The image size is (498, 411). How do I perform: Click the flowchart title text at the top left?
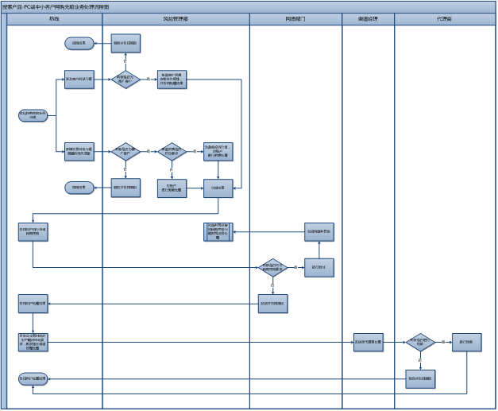click(x=56, y=6)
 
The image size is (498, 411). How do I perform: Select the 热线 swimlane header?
click(x=54, y=17)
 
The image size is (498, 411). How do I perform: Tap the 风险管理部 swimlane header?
click(x=176, y=17)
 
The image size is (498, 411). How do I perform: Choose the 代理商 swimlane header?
click(x=444, y=17)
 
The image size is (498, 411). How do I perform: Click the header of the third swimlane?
click(x=295, y=17)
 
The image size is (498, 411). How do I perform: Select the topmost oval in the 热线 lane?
click(x=79, y=42)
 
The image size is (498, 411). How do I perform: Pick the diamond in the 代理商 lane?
click(x=420, y=343)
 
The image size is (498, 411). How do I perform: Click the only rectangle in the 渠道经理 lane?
click(x=368, y=343)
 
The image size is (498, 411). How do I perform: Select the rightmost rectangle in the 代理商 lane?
click(x=466, y=343)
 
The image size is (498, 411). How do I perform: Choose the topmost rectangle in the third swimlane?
click(x=319, y=232)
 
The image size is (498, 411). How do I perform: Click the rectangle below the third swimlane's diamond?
click(x=272, y=303)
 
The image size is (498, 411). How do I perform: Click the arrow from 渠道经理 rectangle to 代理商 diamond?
click(x=394, y=343)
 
